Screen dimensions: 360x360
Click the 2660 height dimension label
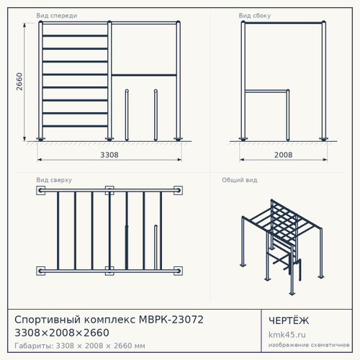pyautogui.click(x=19, y=81)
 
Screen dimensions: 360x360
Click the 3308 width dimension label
pyautogui.click(x=109, y=155)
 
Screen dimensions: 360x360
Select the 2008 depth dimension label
pyautogui.click(x=283, y=155)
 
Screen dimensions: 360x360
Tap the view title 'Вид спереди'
pyautogui.click(x=57, y=16)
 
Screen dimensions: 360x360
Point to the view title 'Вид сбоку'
pyautogui.click(x=255, y=16)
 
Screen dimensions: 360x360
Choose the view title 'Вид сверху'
pyautogui.click(x=54, y=180)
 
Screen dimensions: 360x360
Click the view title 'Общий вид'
pyautogui.click(x=240, y=180)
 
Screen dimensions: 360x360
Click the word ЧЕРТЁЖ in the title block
pyautogui.click(x=289, y=320)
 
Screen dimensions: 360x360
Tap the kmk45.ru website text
pyautogui.click(x=287, y=335)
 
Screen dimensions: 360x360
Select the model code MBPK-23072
pyautogui.click(x=171, y=320)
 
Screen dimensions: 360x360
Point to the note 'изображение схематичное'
pyautogui.click(x=309, y=345)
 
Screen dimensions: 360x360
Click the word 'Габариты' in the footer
pyautogui.click(x=33, y=346)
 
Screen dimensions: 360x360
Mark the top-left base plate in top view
pyautogui.click(x=40, y=190)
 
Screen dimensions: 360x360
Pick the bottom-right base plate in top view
pyautogui.click(x=178, y=271)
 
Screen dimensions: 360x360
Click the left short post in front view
pyautogui.click(x=127, y=115)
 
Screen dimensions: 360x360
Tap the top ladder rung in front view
pyautogui.click(x=75, y=36)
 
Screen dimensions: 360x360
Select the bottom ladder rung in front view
pyautogui.click(x=75, y=126)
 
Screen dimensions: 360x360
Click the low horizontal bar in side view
pyautogui.click(x=266, y=91)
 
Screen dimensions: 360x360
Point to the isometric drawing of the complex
pyautogui.click(x=282, y=247)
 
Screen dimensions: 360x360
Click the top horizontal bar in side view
pyautogui.click(x=284, y=23)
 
